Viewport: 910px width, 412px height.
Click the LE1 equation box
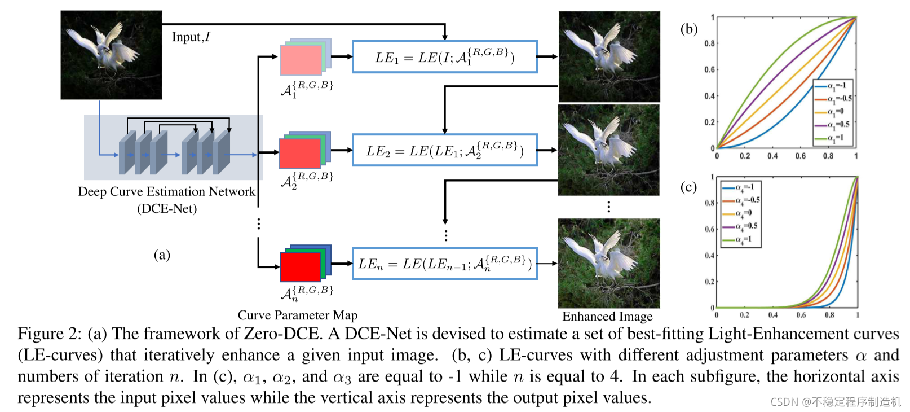point(444,57)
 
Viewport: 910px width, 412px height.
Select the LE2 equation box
point(444,151)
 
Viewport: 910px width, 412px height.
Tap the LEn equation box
point(444,264)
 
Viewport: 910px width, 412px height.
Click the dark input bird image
point(111,55)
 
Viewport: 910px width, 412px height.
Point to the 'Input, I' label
point(191,37)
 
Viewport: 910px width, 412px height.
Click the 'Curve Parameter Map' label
point(297,315)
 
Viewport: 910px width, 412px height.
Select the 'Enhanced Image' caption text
point(607,317)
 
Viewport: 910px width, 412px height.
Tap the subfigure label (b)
point(688,29)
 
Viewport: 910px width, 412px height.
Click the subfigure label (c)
point(688,187)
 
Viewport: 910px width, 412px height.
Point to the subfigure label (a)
point(162,255)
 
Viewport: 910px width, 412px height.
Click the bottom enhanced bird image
point(608,263)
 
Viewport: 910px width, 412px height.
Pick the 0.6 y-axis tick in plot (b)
point(709,69)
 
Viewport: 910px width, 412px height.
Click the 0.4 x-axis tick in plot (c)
point(772,315)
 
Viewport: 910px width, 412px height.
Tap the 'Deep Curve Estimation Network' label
point(166,192)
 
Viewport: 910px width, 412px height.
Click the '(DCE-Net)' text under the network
point(167,209)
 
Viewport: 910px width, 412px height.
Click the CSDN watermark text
point(835,402)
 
